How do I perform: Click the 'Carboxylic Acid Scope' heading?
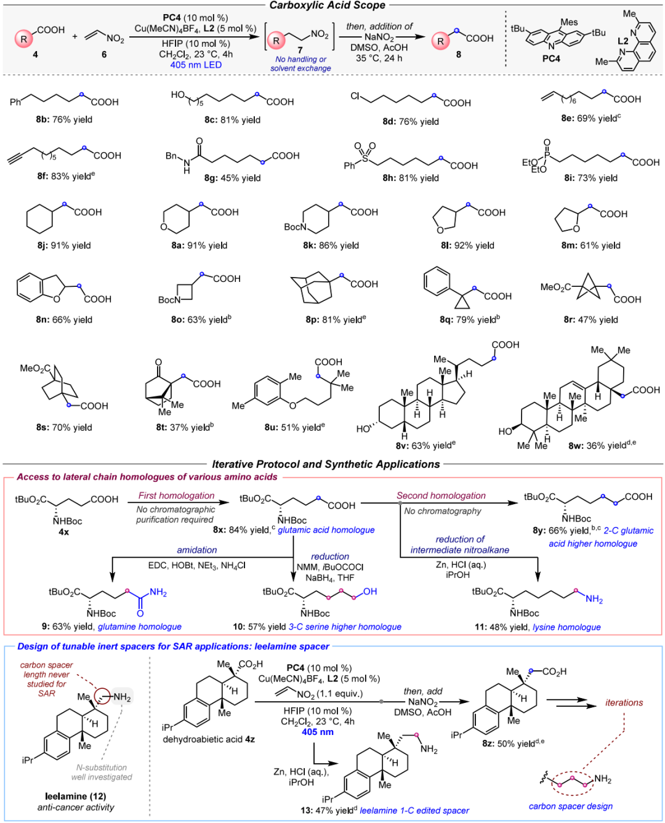pos(327,5)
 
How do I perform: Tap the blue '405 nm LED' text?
pos(196,65)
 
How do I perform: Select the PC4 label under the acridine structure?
pos(550,58)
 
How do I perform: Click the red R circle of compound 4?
pos(24,39)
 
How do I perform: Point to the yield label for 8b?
pos(64,119)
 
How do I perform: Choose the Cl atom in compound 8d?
pos(355,96)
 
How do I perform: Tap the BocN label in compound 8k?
pos(295,227)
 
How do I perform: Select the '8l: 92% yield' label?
pos(467,246)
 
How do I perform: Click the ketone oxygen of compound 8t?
pos(158,362)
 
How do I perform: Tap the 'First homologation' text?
pos(176,496)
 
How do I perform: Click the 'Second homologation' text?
pos(441,496)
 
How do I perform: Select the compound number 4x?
pos(64,532)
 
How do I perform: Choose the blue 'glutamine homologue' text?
pos(140,627)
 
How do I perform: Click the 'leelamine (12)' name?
pos(75,796)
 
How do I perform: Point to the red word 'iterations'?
pos(624,702)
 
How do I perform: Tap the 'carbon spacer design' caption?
pos(571,806)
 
